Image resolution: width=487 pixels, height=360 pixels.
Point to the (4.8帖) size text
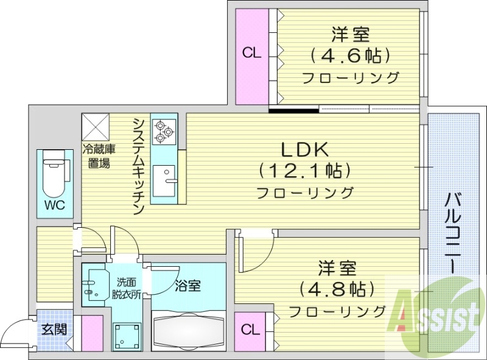[337, 288]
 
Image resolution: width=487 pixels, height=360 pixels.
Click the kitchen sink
[164, 179]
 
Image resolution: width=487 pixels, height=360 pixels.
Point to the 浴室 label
[187, 285]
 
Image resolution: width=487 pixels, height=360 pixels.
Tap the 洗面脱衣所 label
[127, 288]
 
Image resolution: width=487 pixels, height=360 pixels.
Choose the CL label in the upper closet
[252, 53]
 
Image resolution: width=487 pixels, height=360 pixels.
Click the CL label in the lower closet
[250, 330]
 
